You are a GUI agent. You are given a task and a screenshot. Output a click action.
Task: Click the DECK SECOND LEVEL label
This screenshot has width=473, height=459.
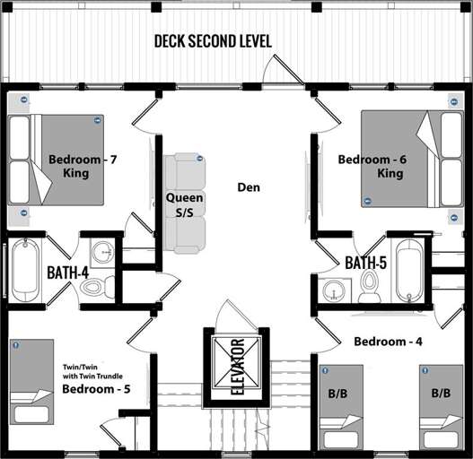click(213, 41)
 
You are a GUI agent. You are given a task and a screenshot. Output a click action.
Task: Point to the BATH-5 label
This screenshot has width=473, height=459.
click(365, 264)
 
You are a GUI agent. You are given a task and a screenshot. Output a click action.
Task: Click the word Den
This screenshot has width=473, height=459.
click(249, 187)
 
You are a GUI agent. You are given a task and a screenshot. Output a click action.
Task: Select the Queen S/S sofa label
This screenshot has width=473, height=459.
click(185, 204)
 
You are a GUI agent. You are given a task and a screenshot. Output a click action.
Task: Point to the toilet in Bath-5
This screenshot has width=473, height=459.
click(369, 285)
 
